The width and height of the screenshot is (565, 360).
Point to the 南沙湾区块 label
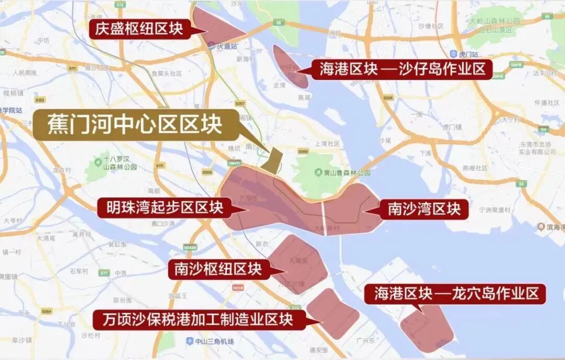pos(424,209)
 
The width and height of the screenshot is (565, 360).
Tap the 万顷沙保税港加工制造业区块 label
pos(199,318)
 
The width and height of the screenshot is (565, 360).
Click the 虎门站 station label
pos(464,53)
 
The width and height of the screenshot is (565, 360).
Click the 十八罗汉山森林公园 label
pos(120,162)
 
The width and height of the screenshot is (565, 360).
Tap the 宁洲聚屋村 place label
pos(494,209)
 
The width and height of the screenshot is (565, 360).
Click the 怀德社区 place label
pos(547,103)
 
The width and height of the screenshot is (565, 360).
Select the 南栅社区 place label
pos(475,168)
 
